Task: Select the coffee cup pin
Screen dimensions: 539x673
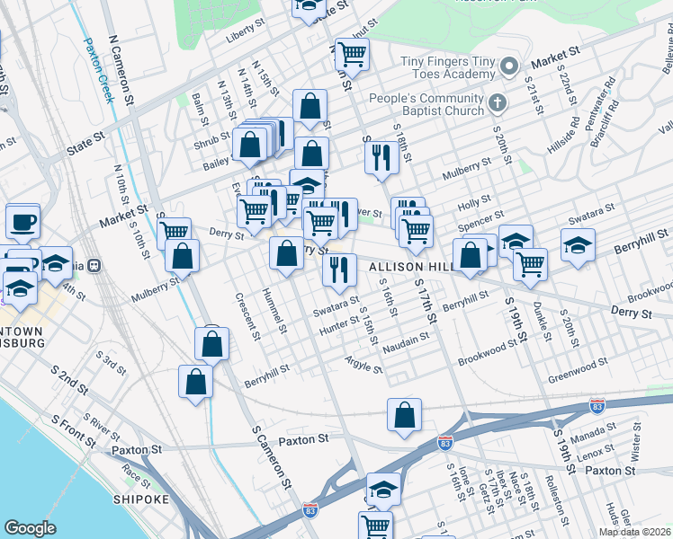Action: (x=22, y=221)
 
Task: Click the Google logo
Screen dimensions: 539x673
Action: (x=30, y=528)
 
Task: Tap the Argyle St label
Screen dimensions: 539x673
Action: (x=363, y=362)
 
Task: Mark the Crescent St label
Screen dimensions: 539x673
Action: (x=247, y=315)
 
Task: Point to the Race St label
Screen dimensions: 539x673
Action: (x=136, y=473)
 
